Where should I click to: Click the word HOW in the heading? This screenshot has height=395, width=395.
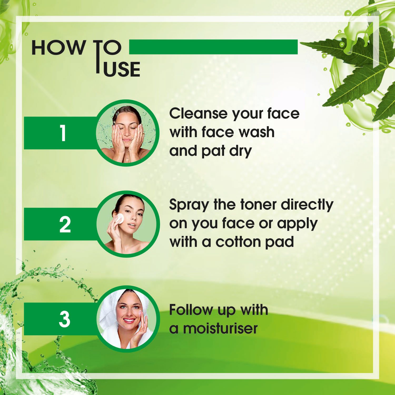[58, 48]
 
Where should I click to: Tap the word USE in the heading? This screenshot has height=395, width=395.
[122, 70]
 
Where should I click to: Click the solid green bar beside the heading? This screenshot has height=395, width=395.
[213, 47]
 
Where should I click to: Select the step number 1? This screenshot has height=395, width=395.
[63, 133]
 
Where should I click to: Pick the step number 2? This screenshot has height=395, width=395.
[65, 225]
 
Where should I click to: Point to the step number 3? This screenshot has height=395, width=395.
[65, 319]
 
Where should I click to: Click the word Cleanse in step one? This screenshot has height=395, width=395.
[198, 113]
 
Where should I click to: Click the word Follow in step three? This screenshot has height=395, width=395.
[191, 310]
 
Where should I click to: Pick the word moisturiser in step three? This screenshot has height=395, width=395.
[220, 328]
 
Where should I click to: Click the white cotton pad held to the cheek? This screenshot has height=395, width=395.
[120, 218]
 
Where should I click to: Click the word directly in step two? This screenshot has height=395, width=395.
[307, 205]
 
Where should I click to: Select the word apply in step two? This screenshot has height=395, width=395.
[297, 224]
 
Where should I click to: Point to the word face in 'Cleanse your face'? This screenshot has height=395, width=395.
[283, 113]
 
